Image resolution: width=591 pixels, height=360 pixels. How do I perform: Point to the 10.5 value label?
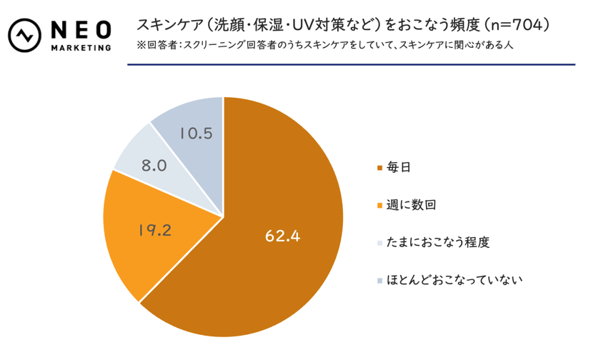(x=194, y=133)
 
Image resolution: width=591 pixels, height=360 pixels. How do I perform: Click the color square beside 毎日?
(x=379, y=169)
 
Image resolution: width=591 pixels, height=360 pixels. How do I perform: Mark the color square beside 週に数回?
(x=379, y=206)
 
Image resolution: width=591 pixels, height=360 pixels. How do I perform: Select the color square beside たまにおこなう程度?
(x=379, y=243)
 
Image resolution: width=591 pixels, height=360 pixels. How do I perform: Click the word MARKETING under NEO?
(x=81, y=48)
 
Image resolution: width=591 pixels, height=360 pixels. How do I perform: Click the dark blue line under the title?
(x=351, y=65)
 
